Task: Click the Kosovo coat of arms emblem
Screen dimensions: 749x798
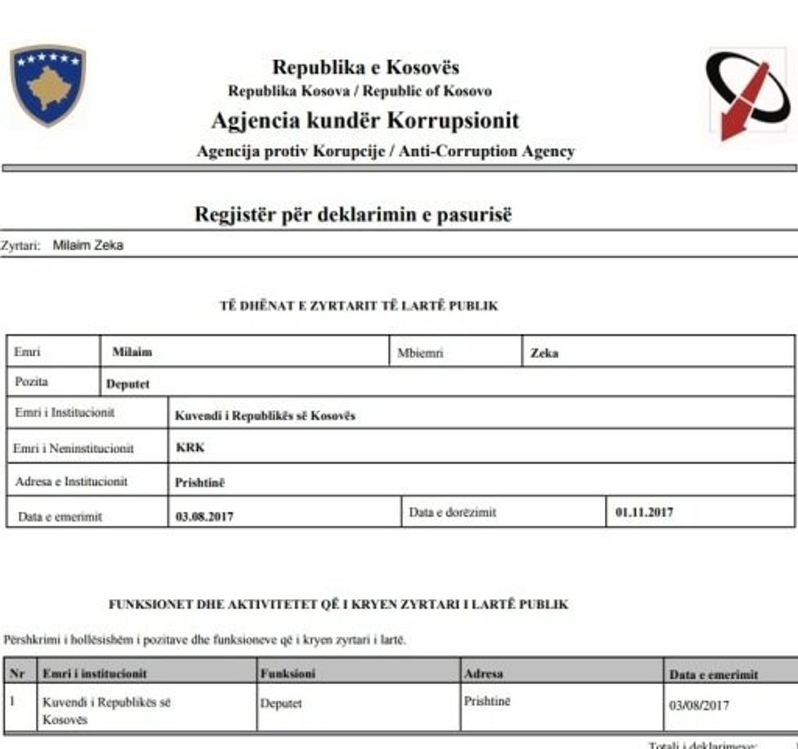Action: point(48,85)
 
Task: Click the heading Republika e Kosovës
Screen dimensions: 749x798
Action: point(366,67)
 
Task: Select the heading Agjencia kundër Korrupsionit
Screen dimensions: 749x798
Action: point(365,121)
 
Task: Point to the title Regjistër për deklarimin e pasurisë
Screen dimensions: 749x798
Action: point(353,214)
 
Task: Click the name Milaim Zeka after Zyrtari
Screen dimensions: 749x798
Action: point(88,245)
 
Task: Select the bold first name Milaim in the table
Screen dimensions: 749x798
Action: point(132,353)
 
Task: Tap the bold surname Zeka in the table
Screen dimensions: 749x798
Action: point(544,354)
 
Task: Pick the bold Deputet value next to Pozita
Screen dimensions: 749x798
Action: point(128,384)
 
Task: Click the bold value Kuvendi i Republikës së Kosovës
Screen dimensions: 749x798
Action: point(265,416)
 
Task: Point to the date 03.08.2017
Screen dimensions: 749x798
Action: point(204,515)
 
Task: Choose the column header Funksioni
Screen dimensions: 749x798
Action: point(287,674)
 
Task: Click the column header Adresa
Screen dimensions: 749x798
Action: point(484,674)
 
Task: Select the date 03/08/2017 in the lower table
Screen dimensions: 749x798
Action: point(699,706)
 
